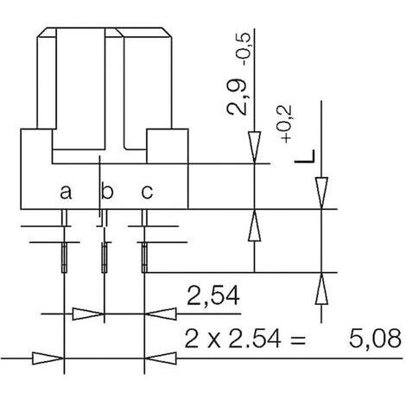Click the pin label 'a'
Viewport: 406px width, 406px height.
click(x=66, y=192)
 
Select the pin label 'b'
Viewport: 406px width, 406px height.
click(x=107, y=190)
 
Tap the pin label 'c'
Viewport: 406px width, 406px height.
click(x=147, y=192)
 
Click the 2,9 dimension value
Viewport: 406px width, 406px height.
click(x=237, y=98)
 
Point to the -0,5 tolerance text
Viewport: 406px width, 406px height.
click(x=244, y=50)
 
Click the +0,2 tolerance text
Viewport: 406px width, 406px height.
click(x=286, y=124)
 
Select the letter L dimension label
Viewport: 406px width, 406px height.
click(x=305, y=156)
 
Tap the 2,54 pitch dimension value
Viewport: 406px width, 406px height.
click(x=213, y=295)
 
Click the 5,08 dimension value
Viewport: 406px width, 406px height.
click(x=375, y=338)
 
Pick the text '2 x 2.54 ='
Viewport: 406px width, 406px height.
click(x=244, y=339)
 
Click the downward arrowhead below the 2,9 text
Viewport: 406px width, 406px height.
click(x=255, y=148)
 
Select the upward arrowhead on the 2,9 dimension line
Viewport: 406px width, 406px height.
click(x=255, y=225)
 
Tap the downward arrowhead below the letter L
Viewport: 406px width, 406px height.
click(x=321, y=193)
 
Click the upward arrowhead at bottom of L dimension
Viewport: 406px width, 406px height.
click(x=321, y=289)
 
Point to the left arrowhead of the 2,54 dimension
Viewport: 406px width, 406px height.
click(x=88, y=314)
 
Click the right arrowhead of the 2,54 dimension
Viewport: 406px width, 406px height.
click(x=161, y=314)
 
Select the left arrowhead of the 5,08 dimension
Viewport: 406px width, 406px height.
click(x=48, y=358)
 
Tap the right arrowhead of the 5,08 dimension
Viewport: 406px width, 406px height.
click(x=161, y=358)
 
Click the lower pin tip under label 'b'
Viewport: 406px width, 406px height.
click(x=105, y=257)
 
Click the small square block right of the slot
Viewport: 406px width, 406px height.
click(x=168, y=146)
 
